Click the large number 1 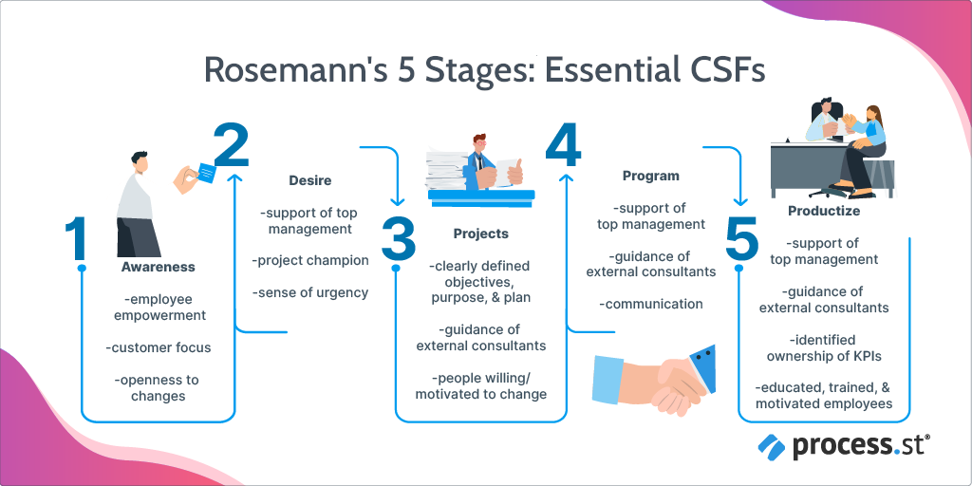(77, 238)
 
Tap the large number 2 (232, 145)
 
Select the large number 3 (398, 238)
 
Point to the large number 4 (564, 145)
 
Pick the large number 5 (742, 238)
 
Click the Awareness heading (159, 267)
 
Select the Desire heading (310, 181)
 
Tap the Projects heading (481, 234)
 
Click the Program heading (651, 176)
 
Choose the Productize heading (824, 211)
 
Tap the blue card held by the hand (206, 172)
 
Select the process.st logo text (862, 446)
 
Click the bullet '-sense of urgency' (310, 292)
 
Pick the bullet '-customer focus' (159, 347)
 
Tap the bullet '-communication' (651, 305)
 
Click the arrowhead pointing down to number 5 (740, 200)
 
